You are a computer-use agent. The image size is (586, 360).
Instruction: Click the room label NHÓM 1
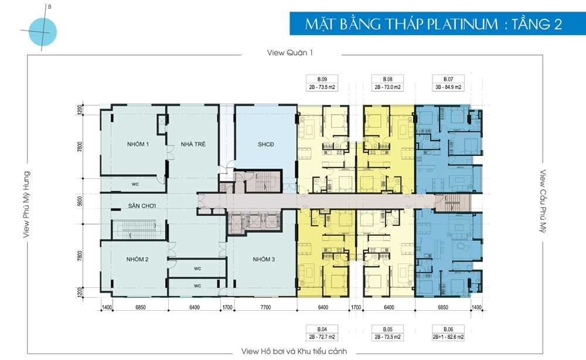(138, 144)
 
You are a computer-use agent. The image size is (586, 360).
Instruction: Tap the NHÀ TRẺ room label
(193, 144)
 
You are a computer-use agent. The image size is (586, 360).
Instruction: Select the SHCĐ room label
(265, 144)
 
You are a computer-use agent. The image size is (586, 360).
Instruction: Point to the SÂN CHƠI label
(142, 206)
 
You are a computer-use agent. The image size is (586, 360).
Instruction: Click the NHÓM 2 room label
(138, 259)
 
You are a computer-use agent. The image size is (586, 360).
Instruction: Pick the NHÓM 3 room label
(264, 259)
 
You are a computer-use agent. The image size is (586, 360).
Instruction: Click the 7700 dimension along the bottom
(265, 307)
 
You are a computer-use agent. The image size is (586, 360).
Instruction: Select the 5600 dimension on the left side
(79, 202)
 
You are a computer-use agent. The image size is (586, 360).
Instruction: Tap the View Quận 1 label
(289, 53)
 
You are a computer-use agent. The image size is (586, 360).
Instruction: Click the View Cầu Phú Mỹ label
(543, 201)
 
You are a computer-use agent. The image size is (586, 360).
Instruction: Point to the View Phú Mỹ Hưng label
(26, 205)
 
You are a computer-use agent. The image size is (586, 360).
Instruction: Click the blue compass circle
(43, 32)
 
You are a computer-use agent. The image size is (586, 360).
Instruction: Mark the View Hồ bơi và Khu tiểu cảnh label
(294, 351)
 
